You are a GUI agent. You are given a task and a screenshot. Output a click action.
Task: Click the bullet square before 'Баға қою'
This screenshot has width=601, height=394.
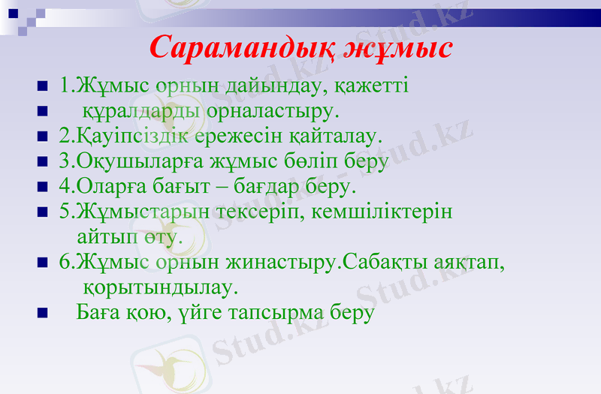point(42,313)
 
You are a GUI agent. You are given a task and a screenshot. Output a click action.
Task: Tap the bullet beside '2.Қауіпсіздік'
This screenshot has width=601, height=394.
point(42,137)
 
